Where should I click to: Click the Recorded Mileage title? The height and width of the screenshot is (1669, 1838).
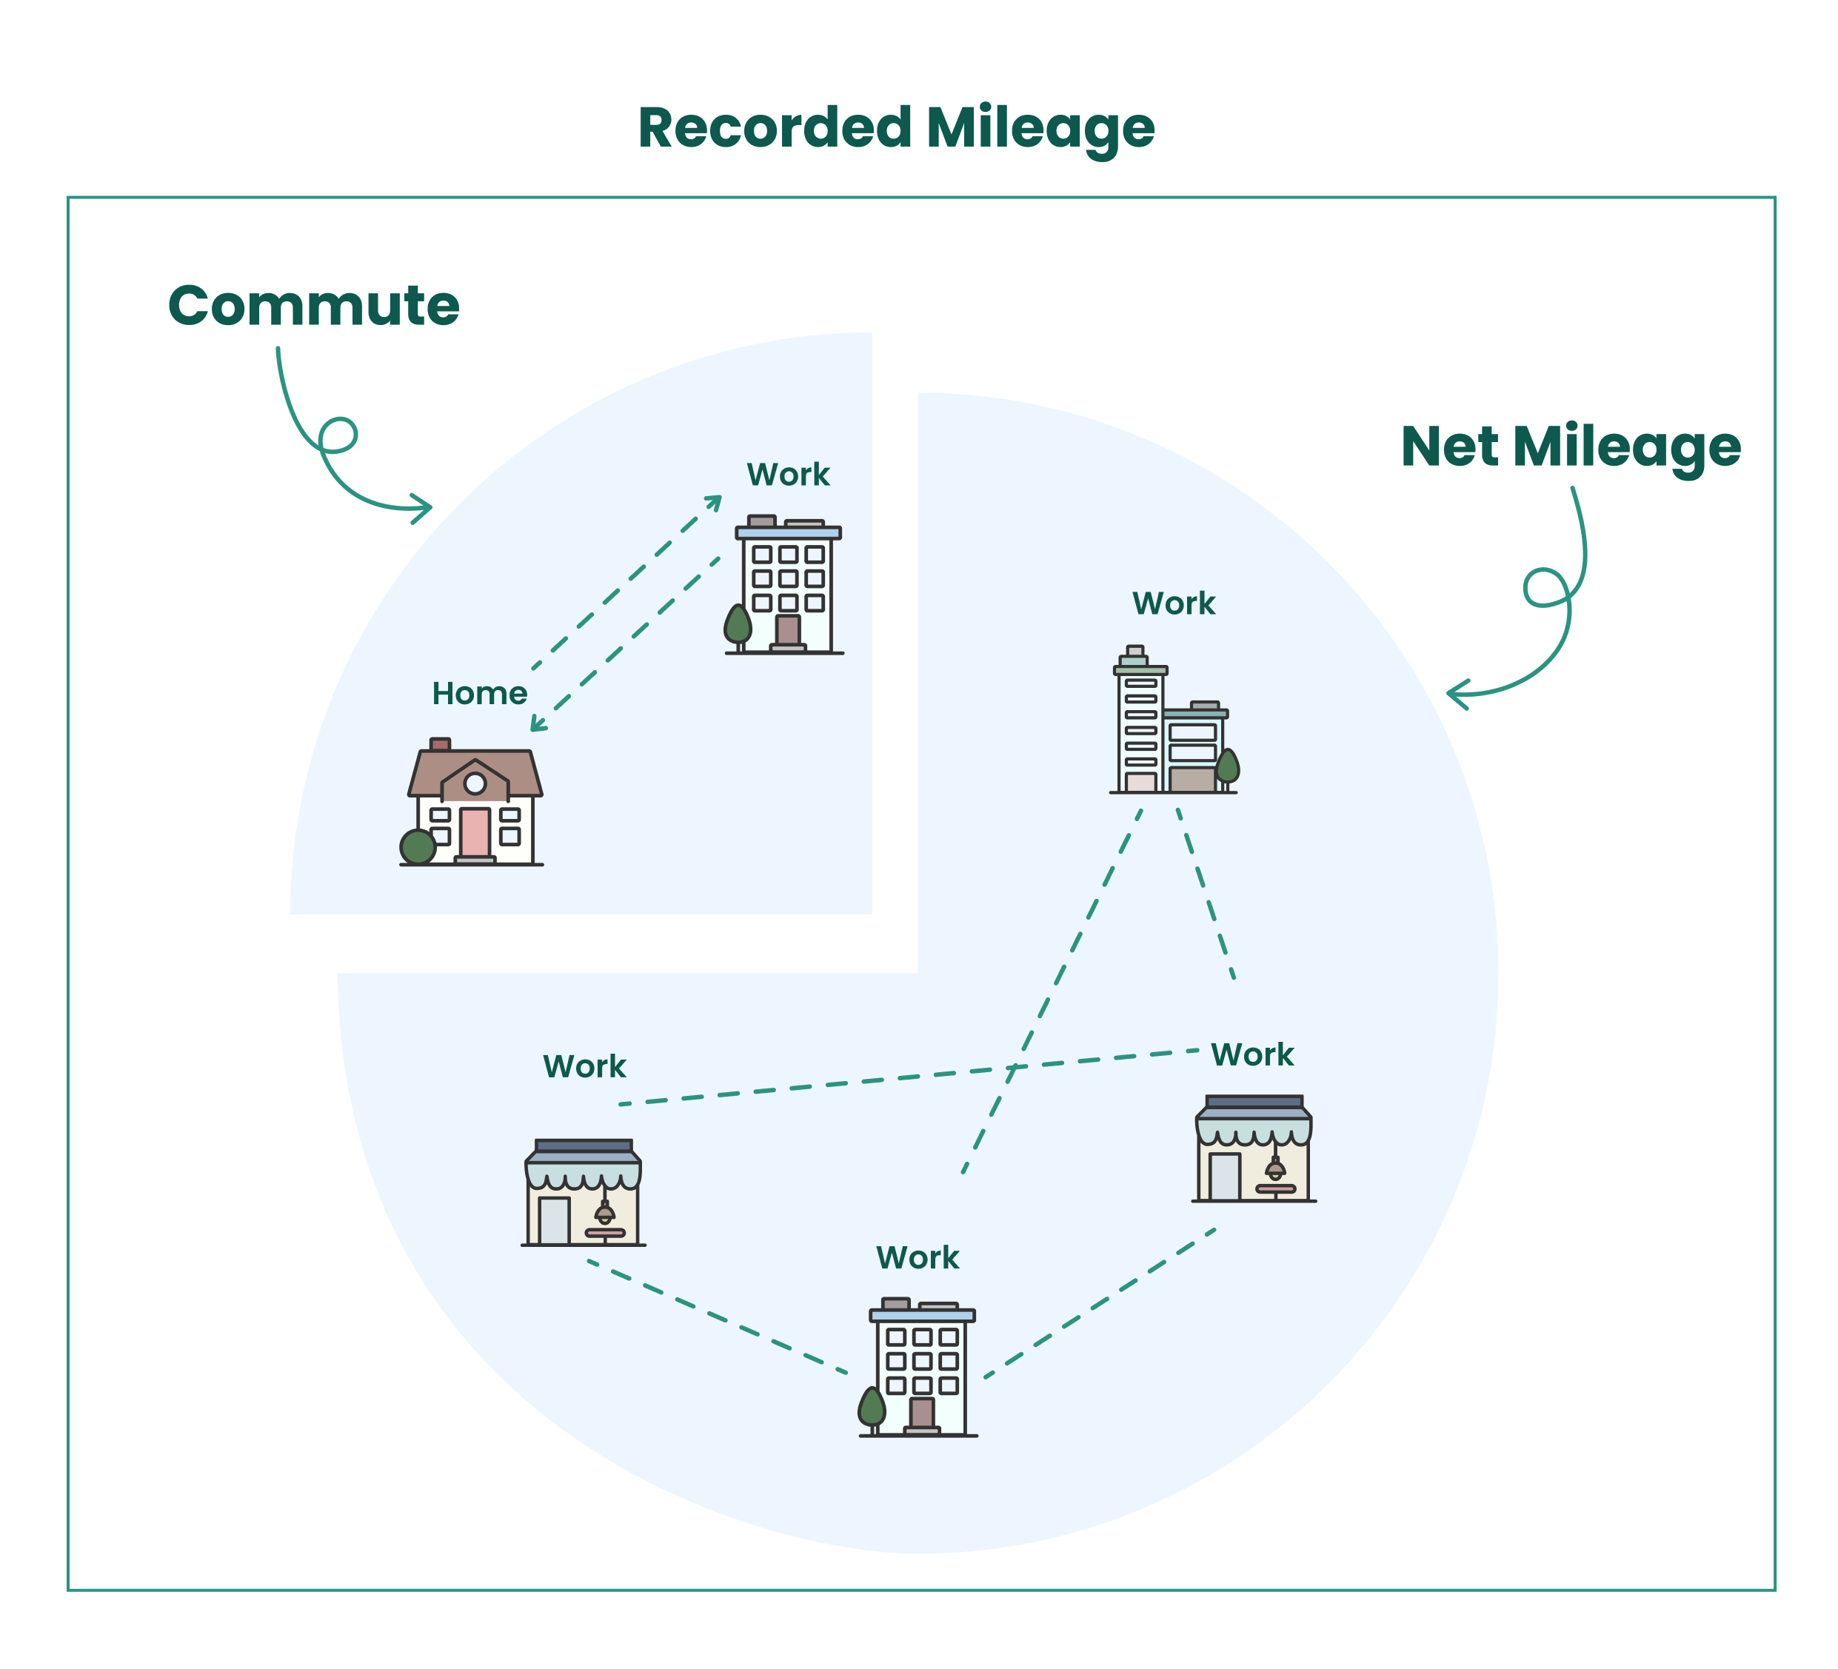(x=895, y=127)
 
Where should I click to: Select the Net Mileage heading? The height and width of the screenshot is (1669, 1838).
(x=1570, y=446)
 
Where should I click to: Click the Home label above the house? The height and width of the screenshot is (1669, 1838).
(x=480, y=694)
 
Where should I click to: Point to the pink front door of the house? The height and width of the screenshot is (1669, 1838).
(x=475, y=832)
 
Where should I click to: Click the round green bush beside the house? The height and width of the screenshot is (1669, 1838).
(x=418, y=847)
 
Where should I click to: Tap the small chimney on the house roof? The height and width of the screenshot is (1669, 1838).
(x=441, y=744)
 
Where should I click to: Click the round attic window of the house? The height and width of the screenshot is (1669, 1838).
(x=475, y=783)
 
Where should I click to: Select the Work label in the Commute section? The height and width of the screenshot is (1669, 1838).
(x=788, y=475)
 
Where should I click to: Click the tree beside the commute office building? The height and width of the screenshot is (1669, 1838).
(x=738, y=625)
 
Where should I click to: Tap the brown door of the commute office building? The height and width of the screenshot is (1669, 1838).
(x=788, y=630)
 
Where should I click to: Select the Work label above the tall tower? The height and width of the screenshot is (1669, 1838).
(x=1173, y=603)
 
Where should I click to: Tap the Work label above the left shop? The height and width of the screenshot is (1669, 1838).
(x=584, y=1066)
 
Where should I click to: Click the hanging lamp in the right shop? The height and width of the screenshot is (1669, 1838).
(x=1275, y=1169)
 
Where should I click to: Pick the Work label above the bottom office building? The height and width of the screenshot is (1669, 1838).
(x=918, y=1258)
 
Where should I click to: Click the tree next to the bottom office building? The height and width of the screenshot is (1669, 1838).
(x=872, y=1408)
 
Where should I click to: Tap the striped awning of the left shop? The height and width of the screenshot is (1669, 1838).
(x=584, y=1173)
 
